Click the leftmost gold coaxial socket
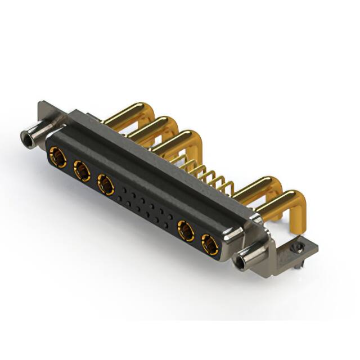(57, 157)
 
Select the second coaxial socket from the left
(82, 170)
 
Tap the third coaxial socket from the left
(106, 183)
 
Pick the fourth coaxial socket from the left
(186, 231)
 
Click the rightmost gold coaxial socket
(210, 244)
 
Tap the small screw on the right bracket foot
(298, 247)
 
